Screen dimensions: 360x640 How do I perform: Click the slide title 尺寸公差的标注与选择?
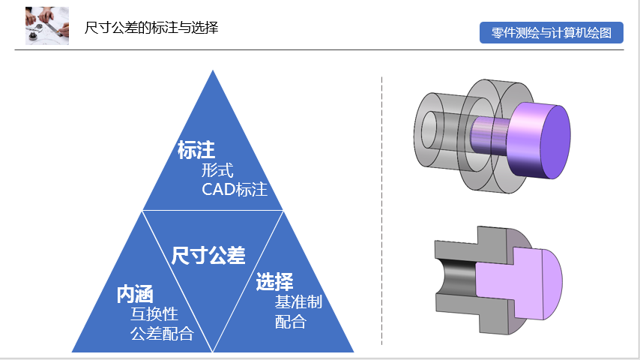[151, 28]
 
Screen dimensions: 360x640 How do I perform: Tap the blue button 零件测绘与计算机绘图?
[552, 33]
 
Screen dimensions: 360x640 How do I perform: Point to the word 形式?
[223, 170]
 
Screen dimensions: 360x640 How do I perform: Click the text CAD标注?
[235, 189]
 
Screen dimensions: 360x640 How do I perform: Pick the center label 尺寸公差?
[208, 256]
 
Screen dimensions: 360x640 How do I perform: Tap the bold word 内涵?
[135, 295]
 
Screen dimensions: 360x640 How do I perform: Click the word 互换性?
[154, 314]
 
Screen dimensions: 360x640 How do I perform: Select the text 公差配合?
[162, 334]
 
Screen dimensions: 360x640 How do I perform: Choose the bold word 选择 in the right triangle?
[274, 283]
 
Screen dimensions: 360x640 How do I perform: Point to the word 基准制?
[298, 302]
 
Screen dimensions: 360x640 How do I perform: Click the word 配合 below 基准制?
[291, 322]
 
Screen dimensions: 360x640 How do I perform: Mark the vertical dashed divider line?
[382, 210]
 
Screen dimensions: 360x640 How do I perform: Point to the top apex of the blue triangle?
[214, 72]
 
